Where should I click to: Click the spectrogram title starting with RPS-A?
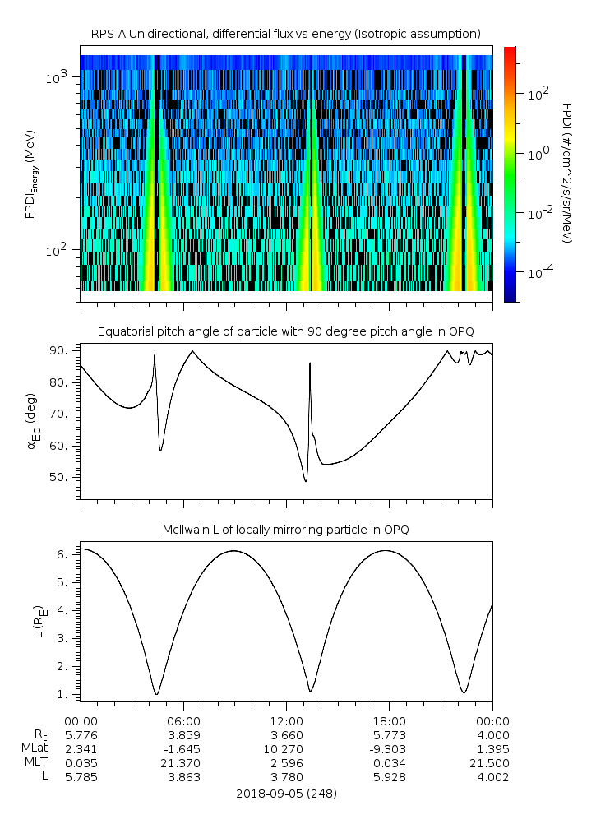click(285, 34)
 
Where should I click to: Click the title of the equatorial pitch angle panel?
click(285, 331)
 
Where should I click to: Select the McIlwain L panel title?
click(285, 530)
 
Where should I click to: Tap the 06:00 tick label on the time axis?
click(183, 721)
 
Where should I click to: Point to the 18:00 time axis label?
click(389, 721)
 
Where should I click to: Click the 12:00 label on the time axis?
click(286, 721)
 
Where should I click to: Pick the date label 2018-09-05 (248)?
click(286, 794)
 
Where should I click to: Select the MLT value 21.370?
click(183, 763)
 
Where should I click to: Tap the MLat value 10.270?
click(286, 749)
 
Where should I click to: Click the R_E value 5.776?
click(81, 735)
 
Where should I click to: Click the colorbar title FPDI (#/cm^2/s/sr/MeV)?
click(566, 174)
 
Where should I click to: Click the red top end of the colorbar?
click(510, 51)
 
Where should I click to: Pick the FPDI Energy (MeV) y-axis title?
click(33, 174)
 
